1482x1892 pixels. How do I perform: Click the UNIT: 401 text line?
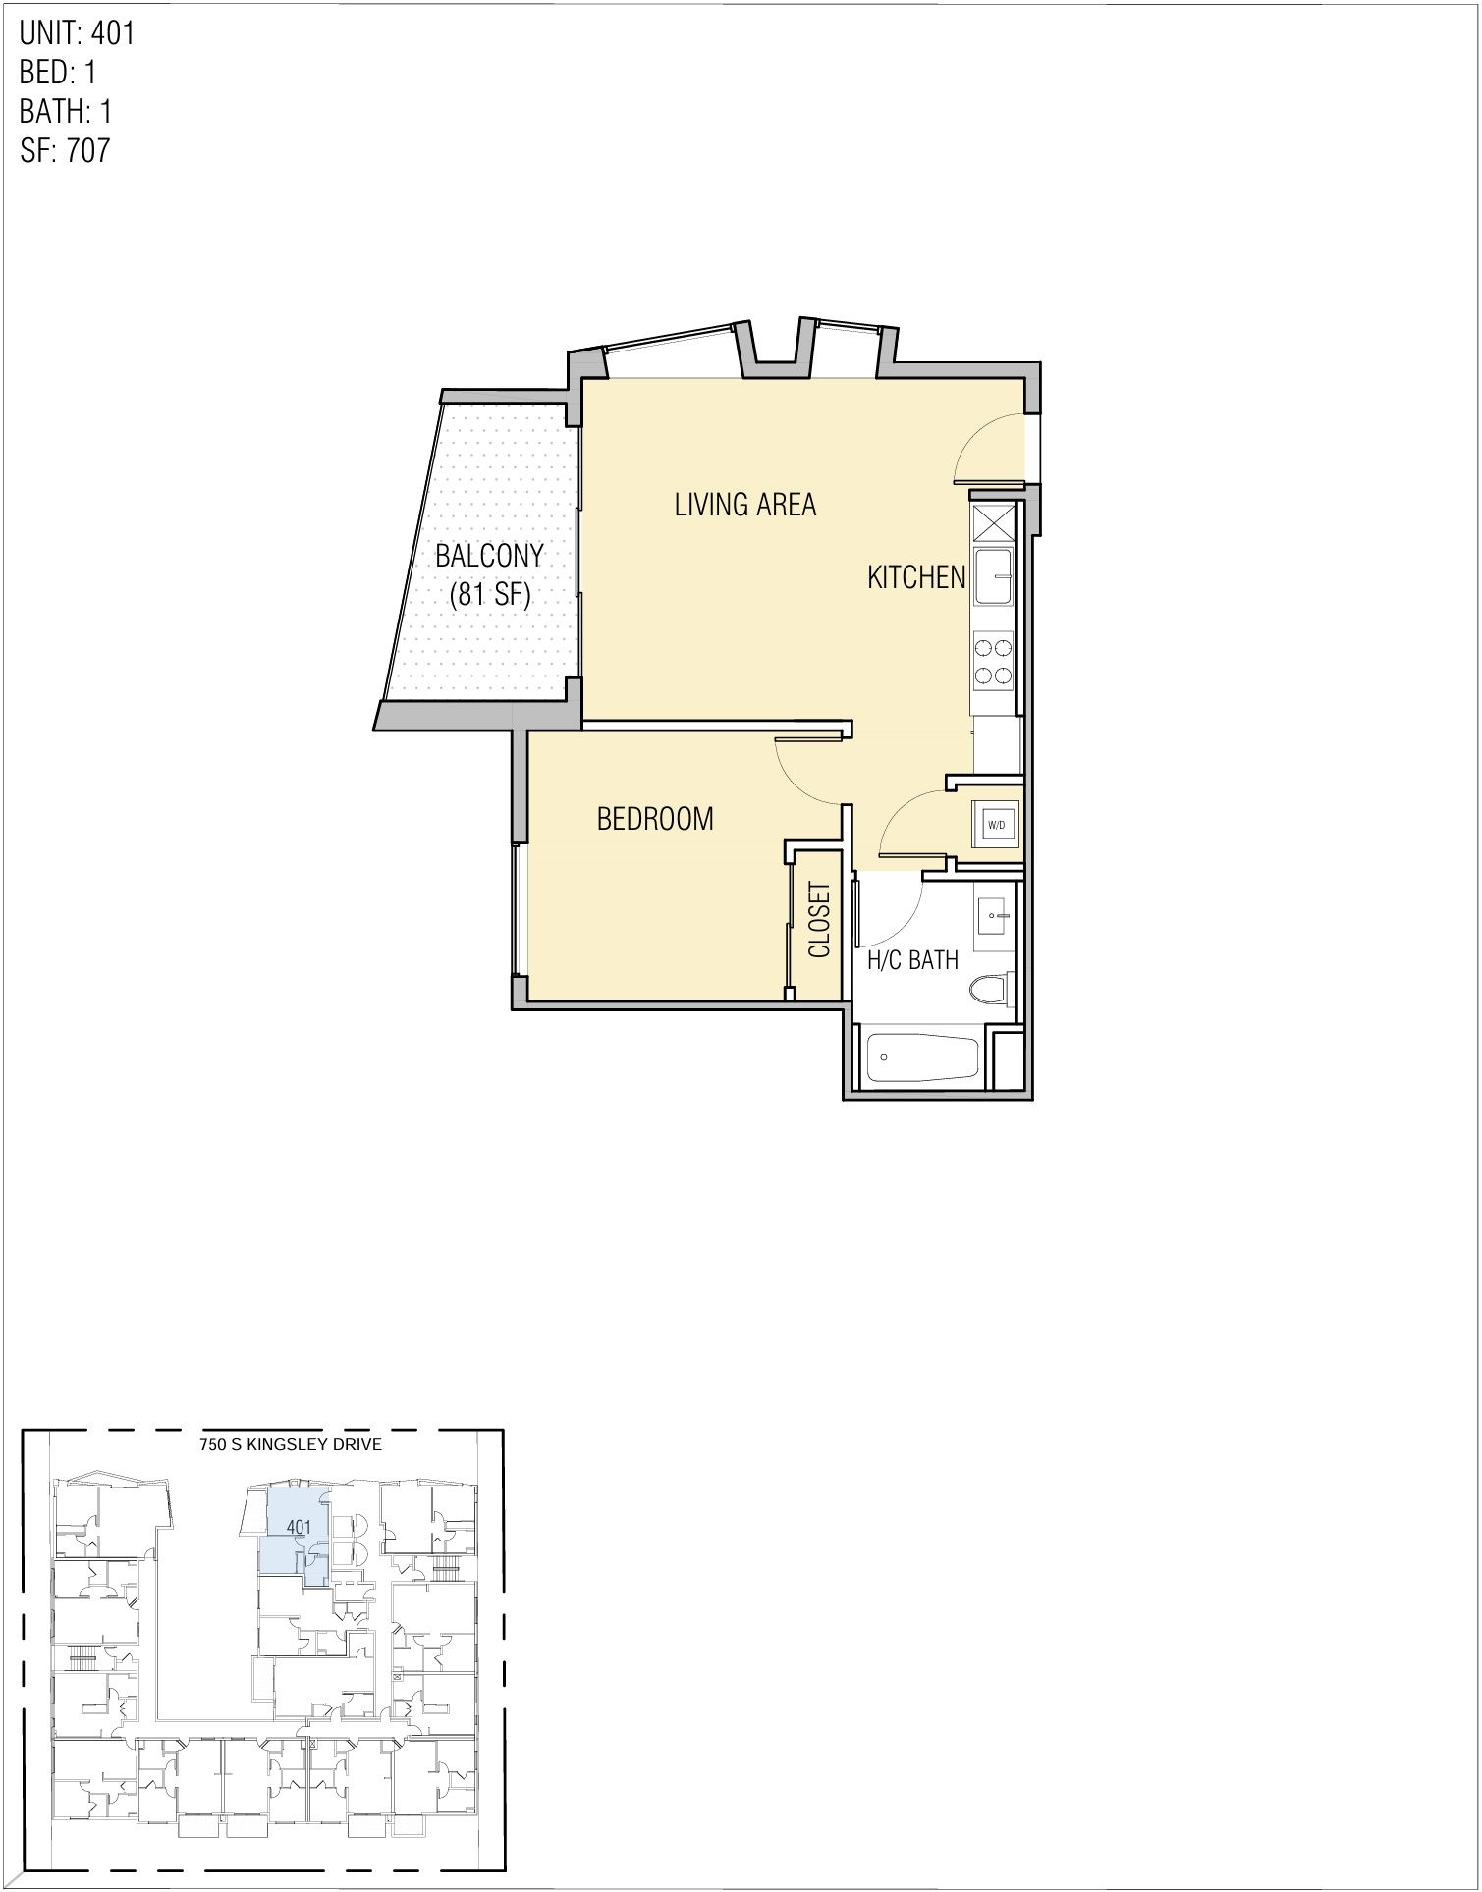coord(77,33)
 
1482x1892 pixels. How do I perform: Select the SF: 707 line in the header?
coord(65,150)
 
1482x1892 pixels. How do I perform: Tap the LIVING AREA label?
coord(744,505)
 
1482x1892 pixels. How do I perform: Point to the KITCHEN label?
coord(916,577)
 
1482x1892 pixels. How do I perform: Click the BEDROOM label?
coord(655,818)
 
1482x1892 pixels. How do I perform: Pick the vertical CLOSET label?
coord(819,920)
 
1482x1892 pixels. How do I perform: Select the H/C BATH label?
coord(912,959)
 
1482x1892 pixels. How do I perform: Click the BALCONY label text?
coord(489,556)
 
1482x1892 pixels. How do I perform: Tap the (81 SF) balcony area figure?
coord(489,595)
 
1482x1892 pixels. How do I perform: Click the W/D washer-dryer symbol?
coord(996,824)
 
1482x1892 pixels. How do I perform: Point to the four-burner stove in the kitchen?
coord(993,661)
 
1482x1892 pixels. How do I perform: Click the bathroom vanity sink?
coord(996,917)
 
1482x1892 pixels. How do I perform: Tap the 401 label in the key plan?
coord(299,1527)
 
